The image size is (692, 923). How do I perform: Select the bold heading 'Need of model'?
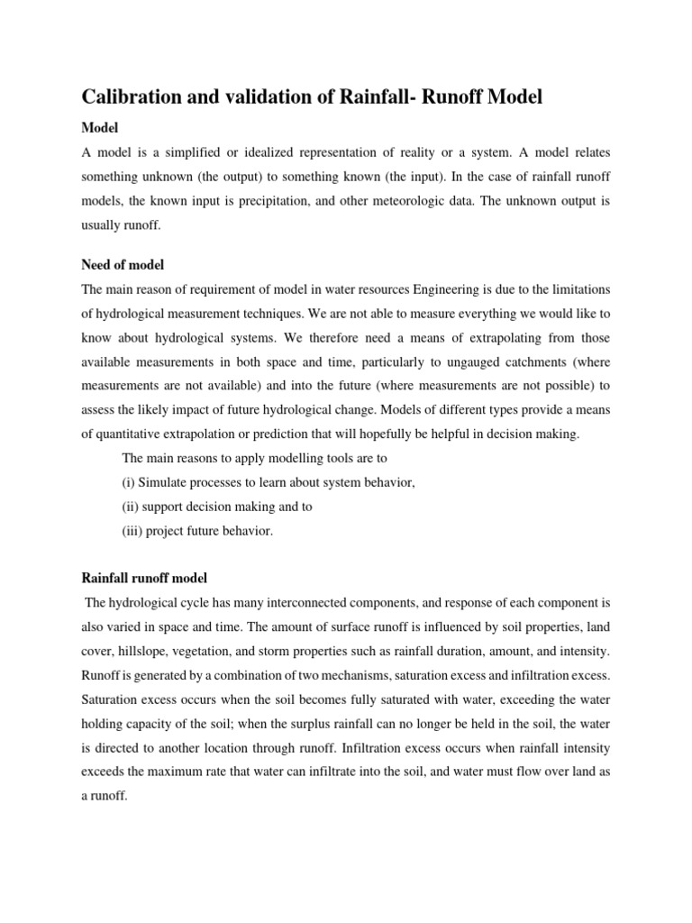click(123, 265)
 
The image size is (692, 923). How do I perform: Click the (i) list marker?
click(128, 483)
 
